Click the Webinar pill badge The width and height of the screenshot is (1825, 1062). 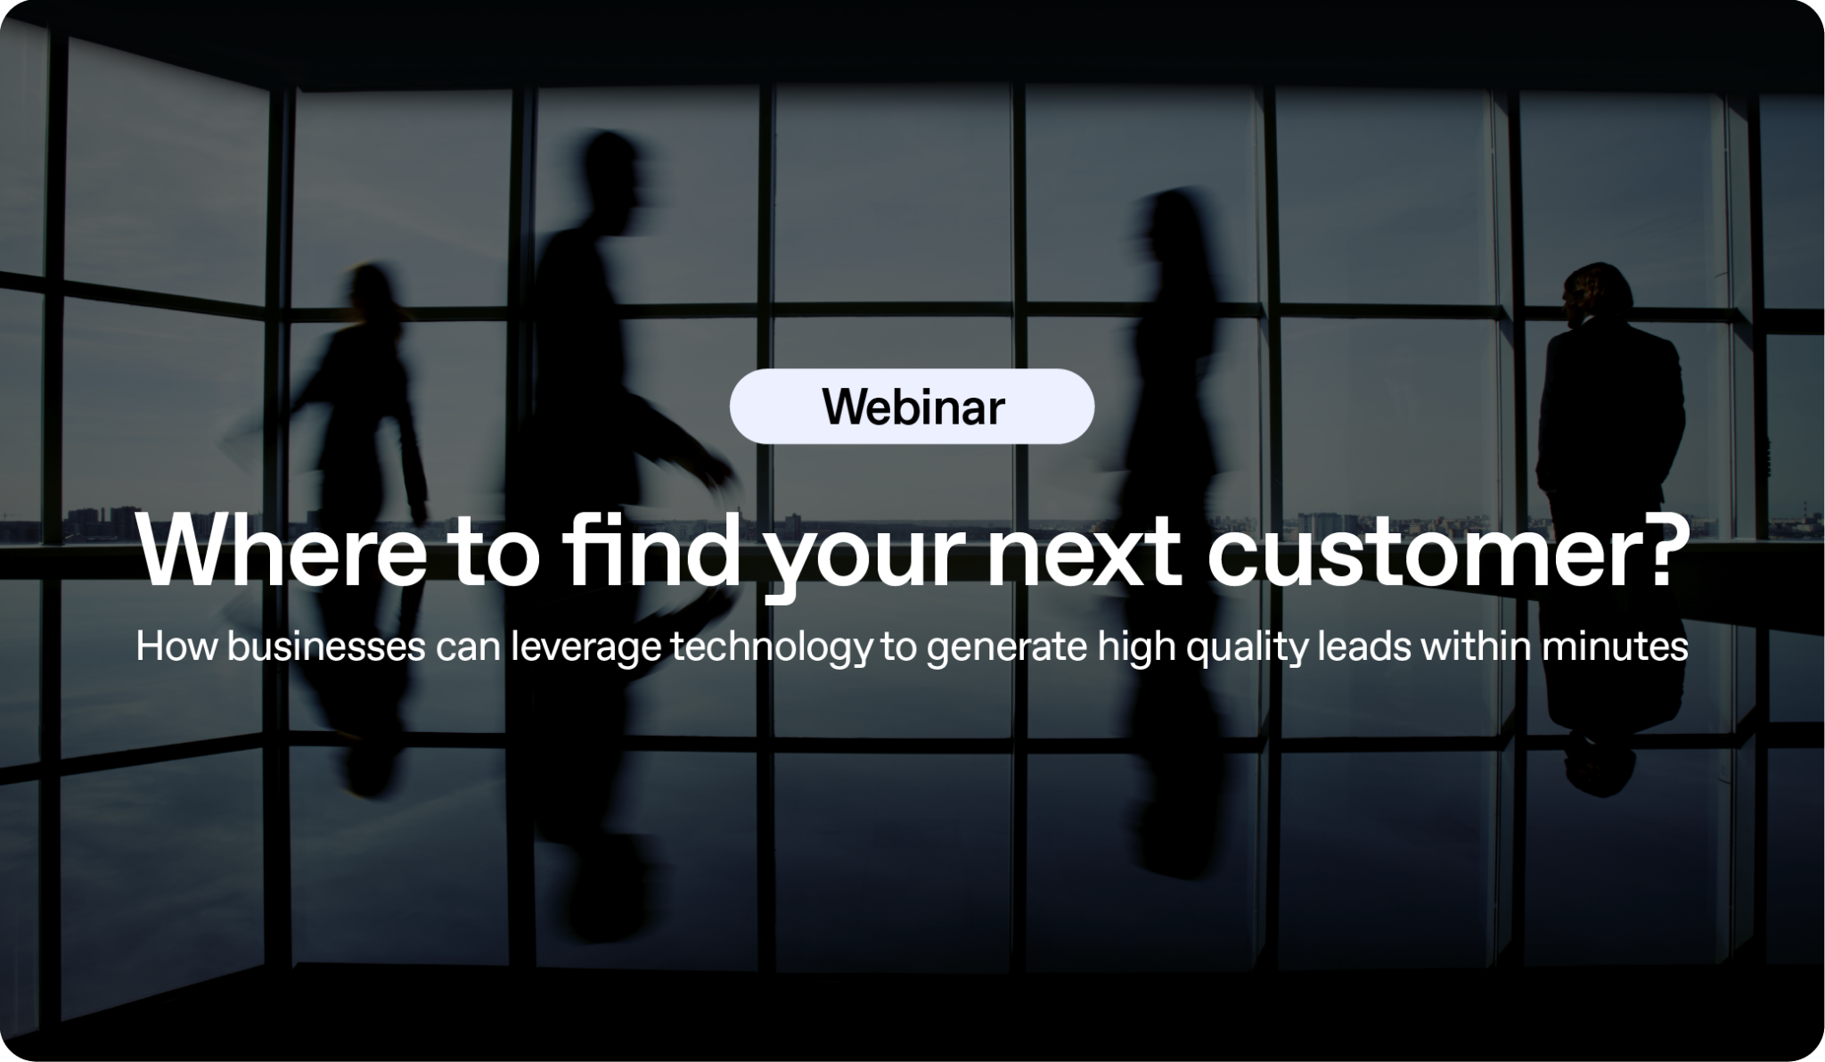912,407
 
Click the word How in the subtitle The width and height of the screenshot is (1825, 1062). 176,646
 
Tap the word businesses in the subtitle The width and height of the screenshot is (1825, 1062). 325,646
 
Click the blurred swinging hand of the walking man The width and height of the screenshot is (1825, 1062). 718,486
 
